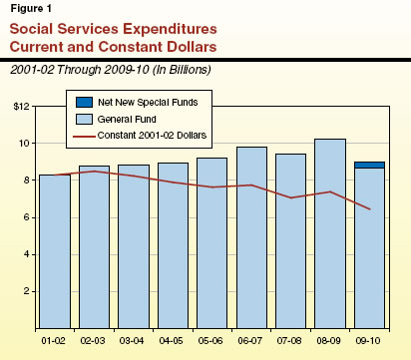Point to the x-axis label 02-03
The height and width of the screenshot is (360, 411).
[95, 339]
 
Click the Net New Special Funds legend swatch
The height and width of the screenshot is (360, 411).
[79, 102]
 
